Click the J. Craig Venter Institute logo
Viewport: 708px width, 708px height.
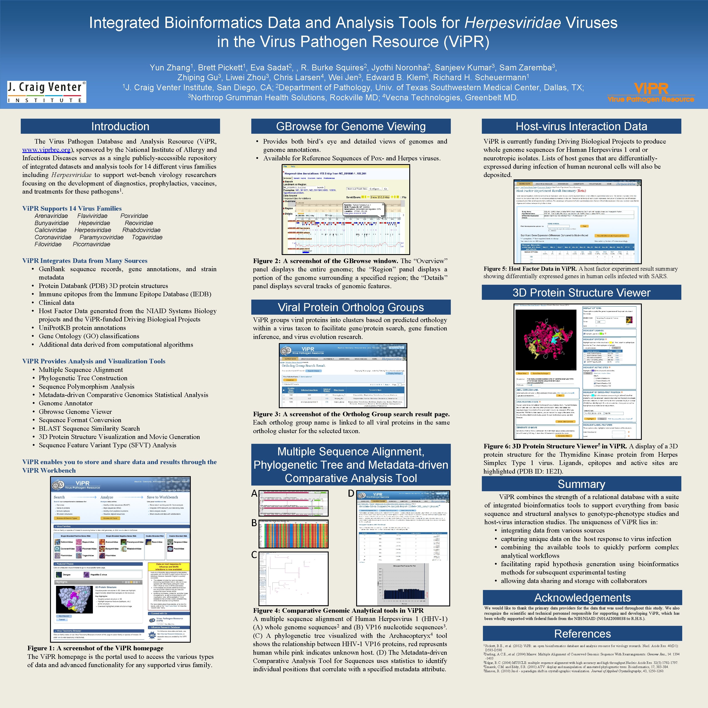click(x=47, y=92)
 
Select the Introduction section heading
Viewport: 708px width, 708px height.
click(x=120, y=127)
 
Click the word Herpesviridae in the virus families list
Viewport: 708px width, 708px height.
click(x=93, y=230)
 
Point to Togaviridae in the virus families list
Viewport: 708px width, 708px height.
click(x=147, y=237)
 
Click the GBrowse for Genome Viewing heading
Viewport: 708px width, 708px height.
click(x=351, y=127)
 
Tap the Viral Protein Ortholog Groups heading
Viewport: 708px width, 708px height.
click(x=351, y=307)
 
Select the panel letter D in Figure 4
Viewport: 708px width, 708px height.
click(x=351, y=494)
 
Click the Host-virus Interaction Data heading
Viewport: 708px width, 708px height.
click(x=581, y=127)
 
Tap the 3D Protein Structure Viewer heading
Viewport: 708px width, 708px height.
click(x=581, y=292)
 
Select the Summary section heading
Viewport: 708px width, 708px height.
click(x=581, y=484)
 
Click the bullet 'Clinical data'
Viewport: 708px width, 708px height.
click(x=56, y=303)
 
